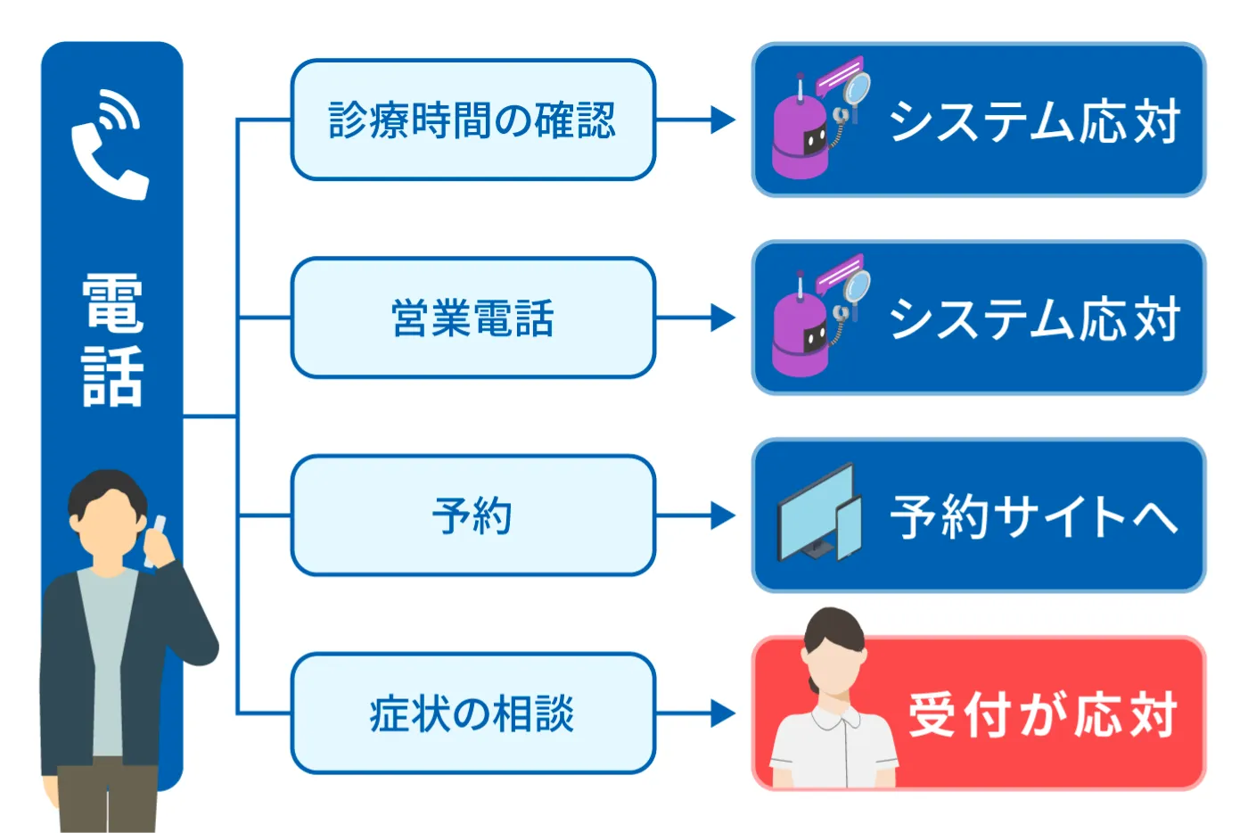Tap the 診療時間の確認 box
tap(473, 120)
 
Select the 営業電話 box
tap(473, 318)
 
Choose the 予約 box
tap(473, 515)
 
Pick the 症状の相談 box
tap(473, 713)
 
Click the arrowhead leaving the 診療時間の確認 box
tap(723, 120)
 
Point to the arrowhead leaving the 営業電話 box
tap(723, 318)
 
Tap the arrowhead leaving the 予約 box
tap(723, 515)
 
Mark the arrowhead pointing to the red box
tap(723, 713)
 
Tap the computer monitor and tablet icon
tap(819, 513)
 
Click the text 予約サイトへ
tap(1033, 516)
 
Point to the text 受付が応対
tap(1042, 714)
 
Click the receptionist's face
tap(834, 666)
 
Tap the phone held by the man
tap(154, 540)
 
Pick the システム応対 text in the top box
tap(1035, 120)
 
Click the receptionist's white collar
tap(834, 716)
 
